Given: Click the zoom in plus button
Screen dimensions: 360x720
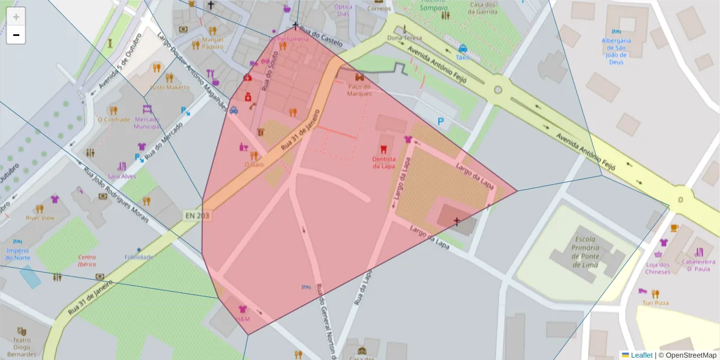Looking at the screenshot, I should pyautogui.click(x=16, y=17).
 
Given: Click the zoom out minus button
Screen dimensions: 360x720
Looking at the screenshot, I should pyautogui.click(x=16, y=35).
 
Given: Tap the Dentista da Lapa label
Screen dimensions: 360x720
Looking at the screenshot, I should pyautogui.click(x=384, y=163).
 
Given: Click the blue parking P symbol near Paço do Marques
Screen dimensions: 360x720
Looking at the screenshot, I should pyautogui.click(x=442, y=122).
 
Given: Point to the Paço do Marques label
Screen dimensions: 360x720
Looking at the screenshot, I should pyautogui.click(x=359, y=90).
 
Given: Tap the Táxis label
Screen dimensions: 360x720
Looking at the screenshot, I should pyautogui.click(x=463, y=58).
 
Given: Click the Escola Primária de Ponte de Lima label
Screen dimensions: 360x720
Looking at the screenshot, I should pyautogui.click(x=577, y=247).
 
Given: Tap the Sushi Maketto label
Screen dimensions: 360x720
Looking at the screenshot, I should pyautogui.click(x=169, y=88).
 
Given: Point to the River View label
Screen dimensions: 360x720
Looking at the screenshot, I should pyautogui.click(x=40, y=218).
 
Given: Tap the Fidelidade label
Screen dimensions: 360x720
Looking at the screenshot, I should pyautogui.click(x=139, y=257).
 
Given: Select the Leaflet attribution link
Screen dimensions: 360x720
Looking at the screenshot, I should pyautogui.click(x=641, y=355).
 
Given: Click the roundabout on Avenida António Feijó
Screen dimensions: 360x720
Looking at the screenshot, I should pyautogui.click(x=497, y=90).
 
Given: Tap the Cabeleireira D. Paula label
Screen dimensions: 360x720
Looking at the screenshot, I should pyautogui.click(x=698, y=265).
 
